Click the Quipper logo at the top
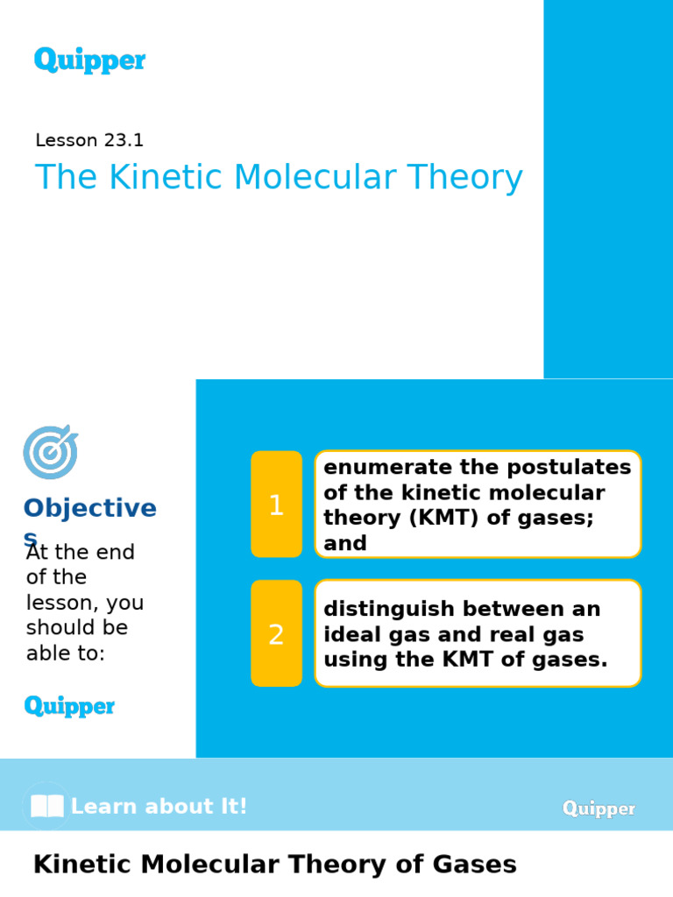(89, 60)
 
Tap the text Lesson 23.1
(89, 140)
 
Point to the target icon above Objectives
(50, 452)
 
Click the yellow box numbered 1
(276, 505)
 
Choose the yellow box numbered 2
(276, 633)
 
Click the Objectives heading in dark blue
(89, 509)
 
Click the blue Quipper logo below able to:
(69, 706)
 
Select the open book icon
(46, 806)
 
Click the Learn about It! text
(159, 807)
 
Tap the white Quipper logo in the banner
(599, 809)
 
